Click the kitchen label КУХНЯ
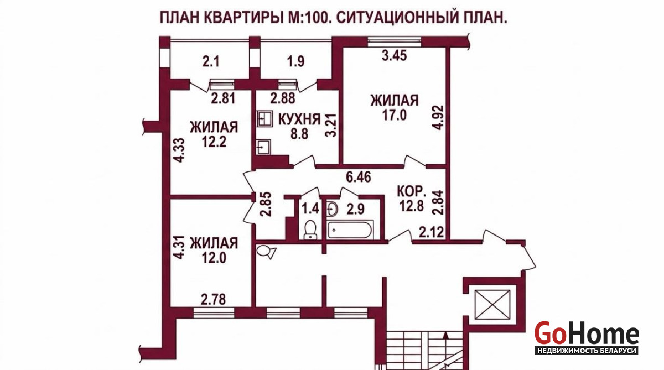[299, 119]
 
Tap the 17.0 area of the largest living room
[394, 114]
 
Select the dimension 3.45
[394, 55]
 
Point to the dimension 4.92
[438, 117]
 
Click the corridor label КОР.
[411, 191]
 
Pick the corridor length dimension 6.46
[359, 177]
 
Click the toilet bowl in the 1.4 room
[310, 230]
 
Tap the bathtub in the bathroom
[350, 230]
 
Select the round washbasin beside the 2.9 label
[333, 209]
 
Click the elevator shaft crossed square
[492, 305]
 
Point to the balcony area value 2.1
[211, 62]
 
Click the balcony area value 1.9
[296, 61]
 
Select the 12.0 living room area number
[214, 257]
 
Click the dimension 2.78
[213, 299]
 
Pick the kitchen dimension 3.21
[331, 126]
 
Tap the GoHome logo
[587, 338]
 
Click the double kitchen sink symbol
[264, 119]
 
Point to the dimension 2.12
[431, 232]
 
